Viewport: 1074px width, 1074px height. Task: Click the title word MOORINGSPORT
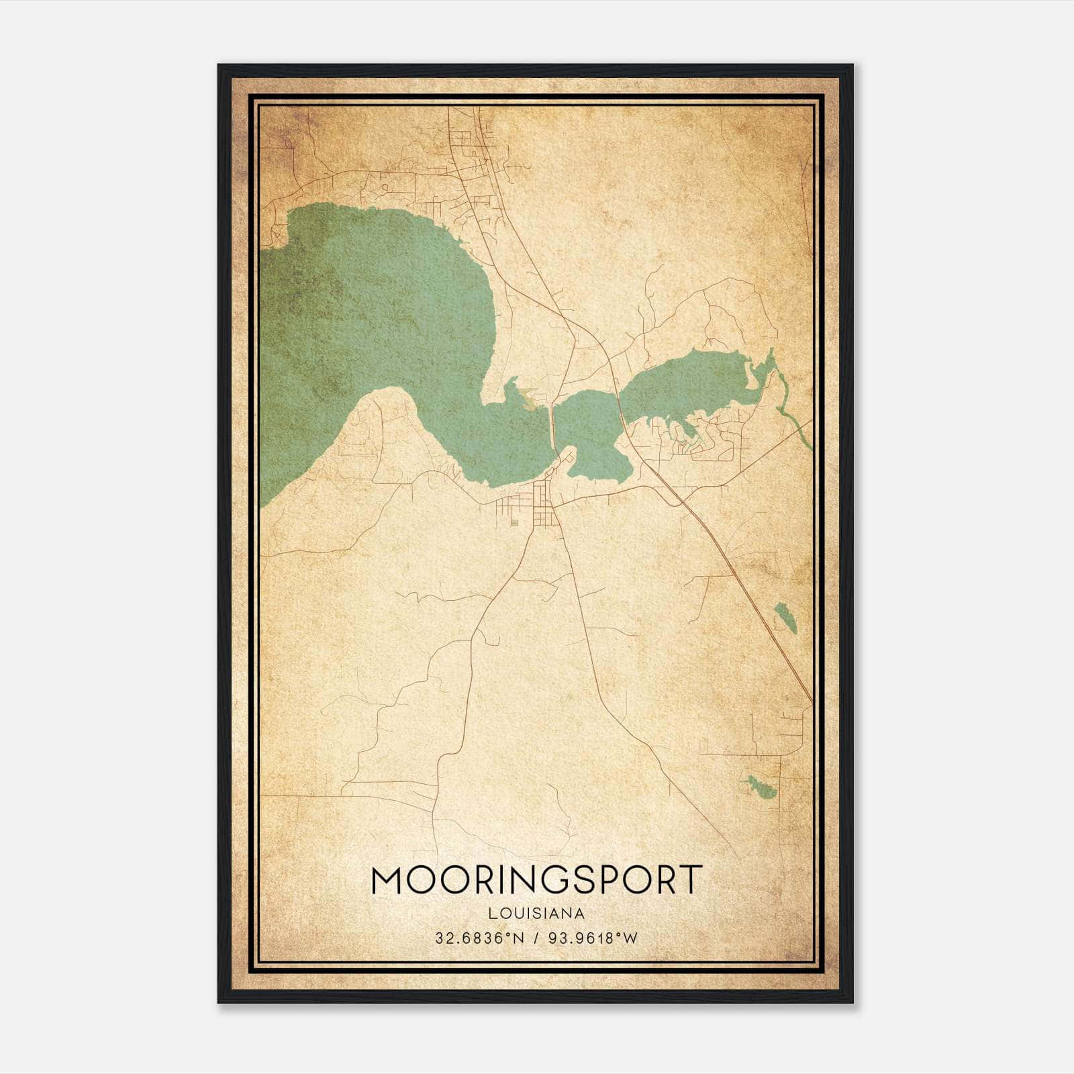(x=536, y=880)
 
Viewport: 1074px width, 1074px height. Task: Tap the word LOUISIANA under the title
(x=536, y=913)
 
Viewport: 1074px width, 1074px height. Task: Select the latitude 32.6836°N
(x=478, y=938)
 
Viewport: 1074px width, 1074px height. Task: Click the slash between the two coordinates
(x=535, y=938)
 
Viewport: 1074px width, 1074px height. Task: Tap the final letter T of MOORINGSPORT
(x=690, y=880)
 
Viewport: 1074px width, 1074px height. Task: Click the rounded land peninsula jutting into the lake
(x=389, y=416)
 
